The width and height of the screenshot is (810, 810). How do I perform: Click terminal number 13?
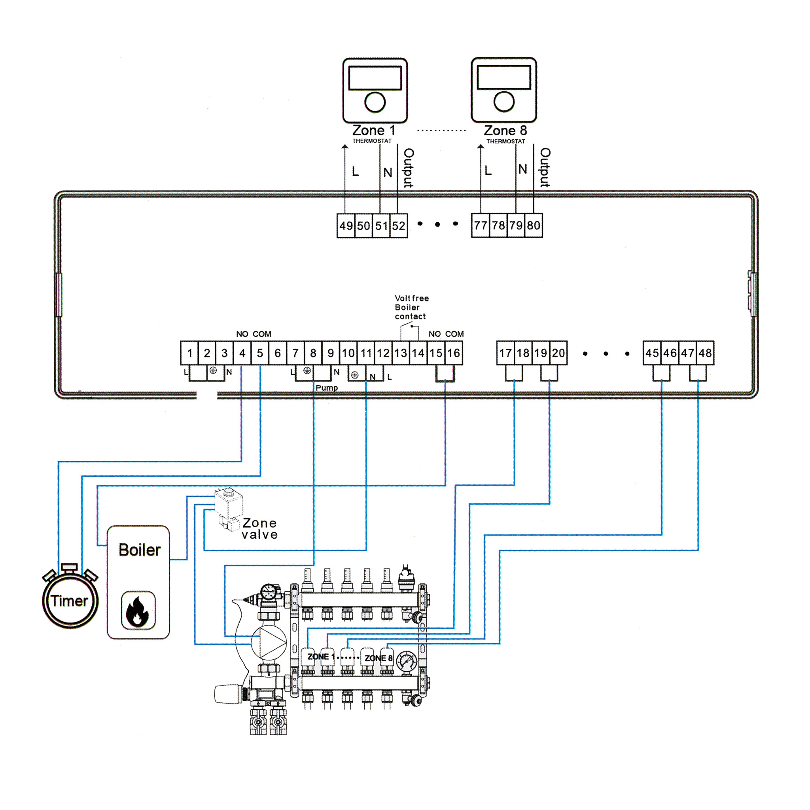click(x=400, y=353)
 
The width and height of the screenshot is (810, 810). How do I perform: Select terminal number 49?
click(x=346, y=226)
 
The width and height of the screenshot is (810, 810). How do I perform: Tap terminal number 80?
click(x=533, y=225)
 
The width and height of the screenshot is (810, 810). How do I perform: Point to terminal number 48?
click(x=705, y=353)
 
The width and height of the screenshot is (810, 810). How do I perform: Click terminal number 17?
click(x=505, y=353)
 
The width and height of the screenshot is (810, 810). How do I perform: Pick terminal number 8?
click(x=313, y=353)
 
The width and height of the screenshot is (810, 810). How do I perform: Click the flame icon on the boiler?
click(x=138, y=610)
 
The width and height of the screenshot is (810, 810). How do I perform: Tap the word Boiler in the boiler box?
click(x=140, y=550)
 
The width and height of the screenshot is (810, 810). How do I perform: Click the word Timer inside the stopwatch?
click(x=70, y=601)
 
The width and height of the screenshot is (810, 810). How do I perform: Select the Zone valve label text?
click(x=259, y=529)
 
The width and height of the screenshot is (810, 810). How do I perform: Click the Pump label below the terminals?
click(x=327, y=388)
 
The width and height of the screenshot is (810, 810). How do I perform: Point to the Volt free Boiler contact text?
click(x=412, y=307)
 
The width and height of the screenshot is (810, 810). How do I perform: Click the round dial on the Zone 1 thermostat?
click(x=375, y=102)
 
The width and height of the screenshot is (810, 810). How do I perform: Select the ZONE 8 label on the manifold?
click(x=379, y=658)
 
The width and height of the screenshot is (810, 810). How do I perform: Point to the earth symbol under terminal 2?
click(x=213, y=370)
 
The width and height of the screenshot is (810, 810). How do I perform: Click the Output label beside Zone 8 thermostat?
click(x=545, y=167)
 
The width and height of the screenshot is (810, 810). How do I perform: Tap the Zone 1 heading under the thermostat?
click(x=373, y=131)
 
